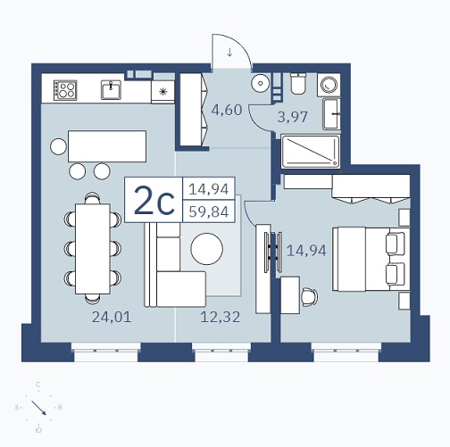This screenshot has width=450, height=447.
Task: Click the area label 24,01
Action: point(112,317)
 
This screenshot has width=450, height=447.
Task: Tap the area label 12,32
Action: point(221,317)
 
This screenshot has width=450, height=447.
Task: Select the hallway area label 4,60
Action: point(227,110)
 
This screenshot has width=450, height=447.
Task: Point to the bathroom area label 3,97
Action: point(293,117)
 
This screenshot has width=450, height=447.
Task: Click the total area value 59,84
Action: point(209,212)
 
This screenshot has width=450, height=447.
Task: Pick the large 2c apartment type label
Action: point(154,201)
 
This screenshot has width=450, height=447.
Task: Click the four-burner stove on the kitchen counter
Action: point(65,90)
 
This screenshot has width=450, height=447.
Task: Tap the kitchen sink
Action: point(112,89)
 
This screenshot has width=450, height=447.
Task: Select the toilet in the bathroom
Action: point(297,83)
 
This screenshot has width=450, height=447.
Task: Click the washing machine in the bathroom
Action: point(329,85)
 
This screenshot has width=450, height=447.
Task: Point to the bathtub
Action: point(311,152)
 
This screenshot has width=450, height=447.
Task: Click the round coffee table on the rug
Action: point(207,249)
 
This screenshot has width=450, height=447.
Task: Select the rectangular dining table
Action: point(93,249)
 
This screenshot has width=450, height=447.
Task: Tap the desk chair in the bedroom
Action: point(310,297)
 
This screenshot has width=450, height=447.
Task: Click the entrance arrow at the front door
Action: point(229,53)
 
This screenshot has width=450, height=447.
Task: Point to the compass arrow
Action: point(38,408)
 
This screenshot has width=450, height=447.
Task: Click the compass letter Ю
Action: point(38,430)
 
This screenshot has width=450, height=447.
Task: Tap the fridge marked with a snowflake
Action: point(162,92)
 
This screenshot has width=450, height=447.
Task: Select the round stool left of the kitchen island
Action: point(58,146)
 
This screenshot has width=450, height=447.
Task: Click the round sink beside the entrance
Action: point(260,83)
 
